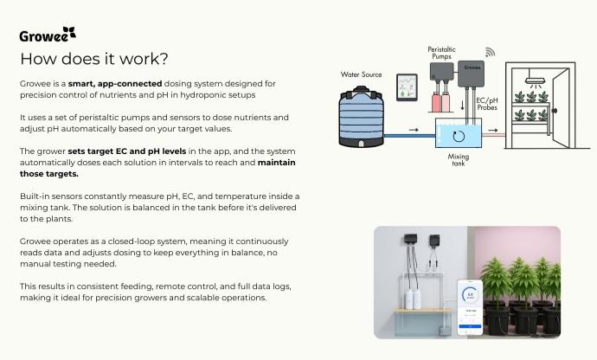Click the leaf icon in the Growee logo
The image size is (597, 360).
tap(69, 32)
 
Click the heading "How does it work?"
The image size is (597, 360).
tap(94, 59)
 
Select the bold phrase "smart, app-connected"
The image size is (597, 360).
tap(115, 84)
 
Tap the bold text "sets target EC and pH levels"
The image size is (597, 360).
tap(127, 151)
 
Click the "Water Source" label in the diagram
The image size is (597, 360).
tap(361, 74)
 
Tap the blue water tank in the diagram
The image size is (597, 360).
tap(362, 117)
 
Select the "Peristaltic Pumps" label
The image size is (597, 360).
tap(441, 53)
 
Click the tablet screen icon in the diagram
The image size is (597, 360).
tap(407, 87)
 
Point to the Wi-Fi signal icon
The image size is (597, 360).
tap(490, 52)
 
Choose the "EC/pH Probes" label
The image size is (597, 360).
tap(487, 104)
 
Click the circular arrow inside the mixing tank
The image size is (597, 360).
tap(459, 137)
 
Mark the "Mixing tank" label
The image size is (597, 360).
tap(459, 159)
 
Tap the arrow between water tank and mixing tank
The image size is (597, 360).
tap(414, 130)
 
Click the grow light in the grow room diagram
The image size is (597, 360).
tap(535, 80)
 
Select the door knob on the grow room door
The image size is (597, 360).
tap(555, 111)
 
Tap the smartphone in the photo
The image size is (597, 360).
tap(470, 307)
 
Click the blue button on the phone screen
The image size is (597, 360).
tap(470, 326)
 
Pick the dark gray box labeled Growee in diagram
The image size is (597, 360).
tap(471, 74)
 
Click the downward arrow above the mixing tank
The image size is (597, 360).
tap(463, 105)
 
